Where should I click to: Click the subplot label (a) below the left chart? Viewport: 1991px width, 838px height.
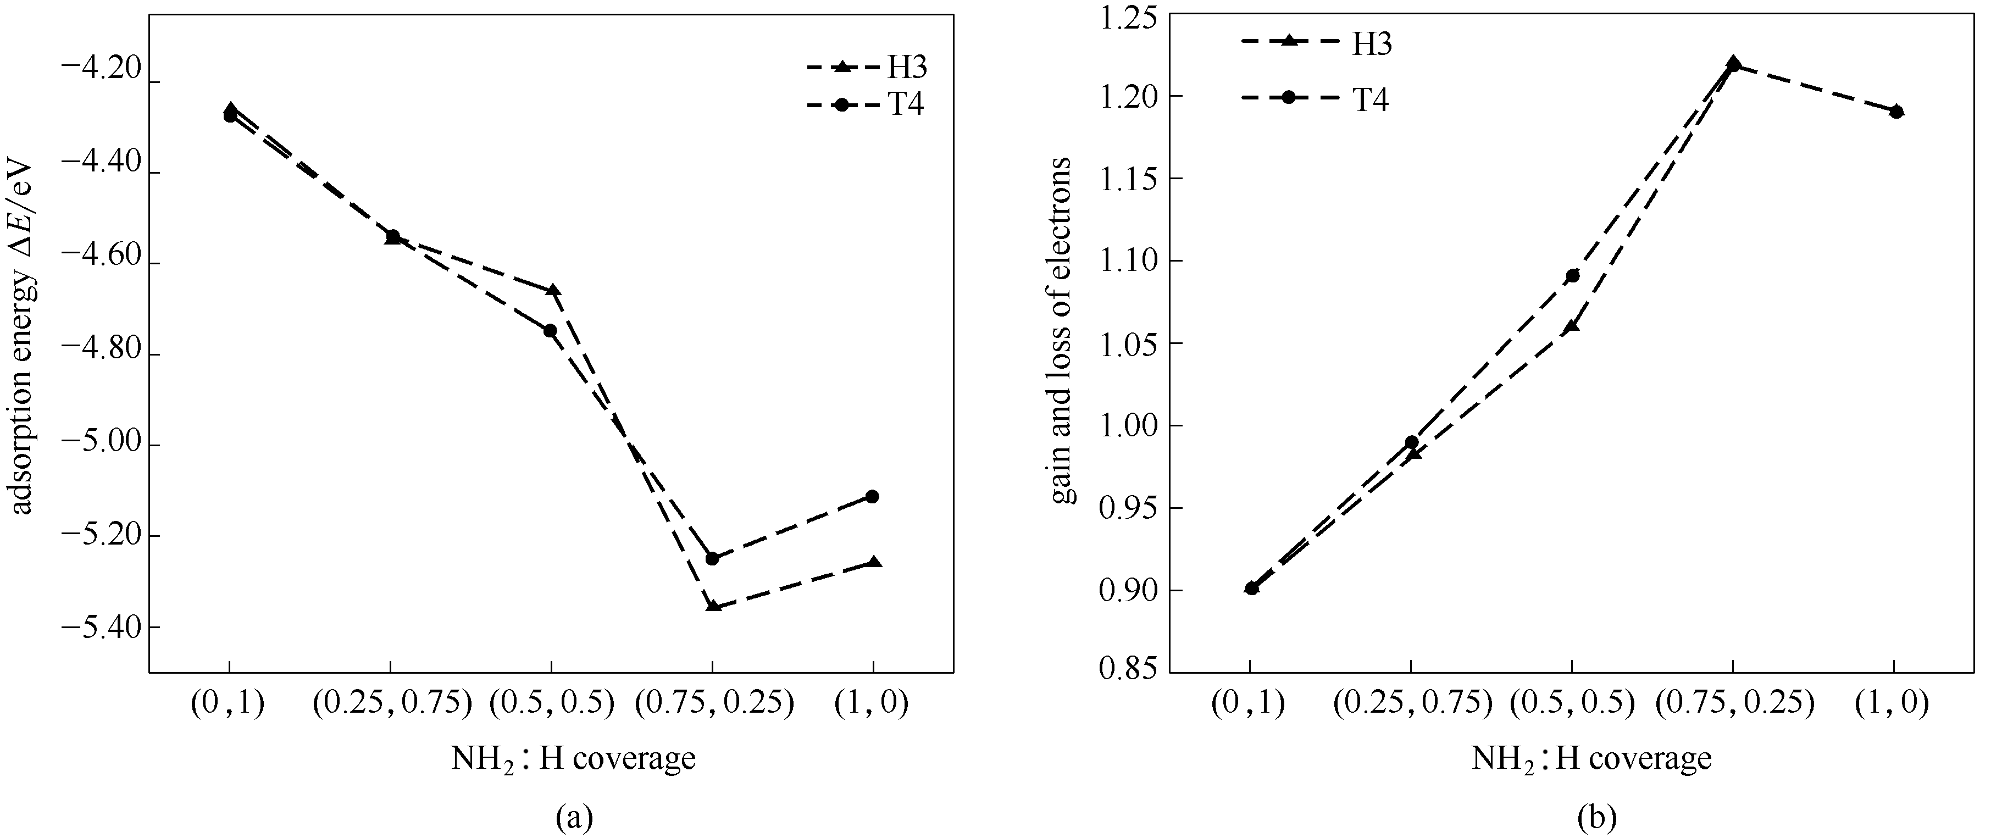coord(574,817)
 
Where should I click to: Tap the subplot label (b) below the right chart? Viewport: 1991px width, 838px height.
coord(1592,817)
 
